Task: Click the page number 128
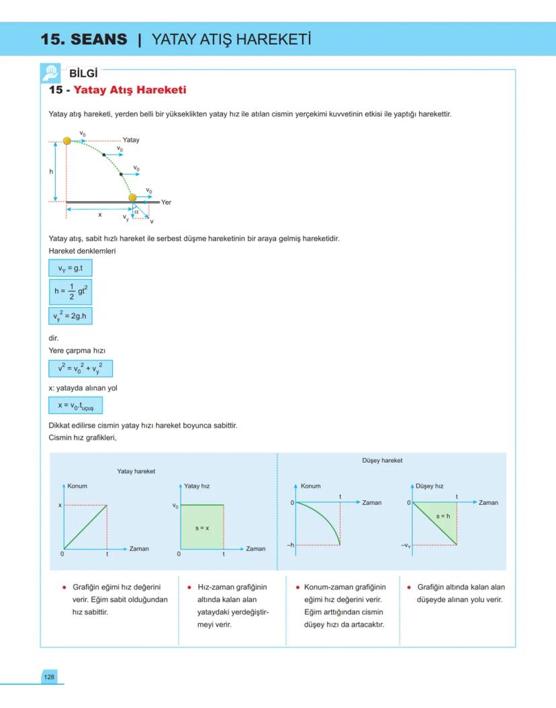(49, 676)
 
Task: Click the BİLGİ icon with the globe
(51, 73)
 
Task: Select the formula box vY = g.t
(70, 268)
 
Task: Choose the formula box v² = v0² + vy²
(80, 368)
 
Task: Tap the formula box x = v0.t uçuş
(75, 405)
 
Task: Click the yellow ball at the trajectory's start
(66, 141)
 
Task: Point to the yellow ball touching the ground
(132, 197)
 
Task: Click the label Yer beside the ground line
(166, 202)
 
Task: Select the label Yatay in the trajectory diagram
(131, 140)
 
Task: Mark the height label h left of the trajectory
(51, 171)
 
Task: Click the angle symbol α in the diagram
(136, 211)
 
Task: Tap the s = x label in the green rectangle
(202, 528)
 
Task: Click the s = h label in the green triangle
(443, 516)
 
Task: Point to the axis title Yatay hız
(197, 485)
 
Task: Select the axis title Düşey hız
(430, 485)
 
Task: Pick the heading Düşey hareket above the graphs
(381, 461)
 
